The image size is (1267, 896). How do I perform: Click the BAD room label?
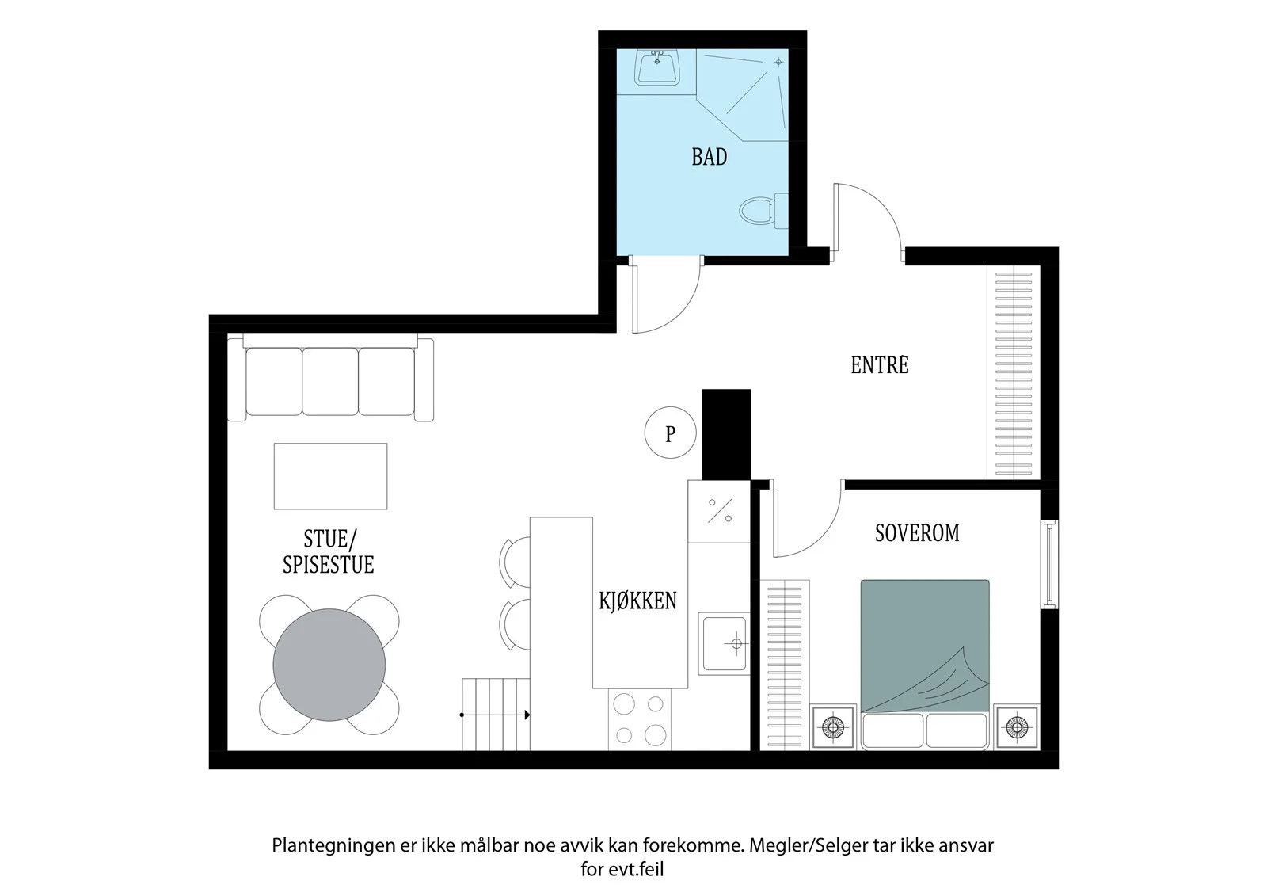coord(710,157)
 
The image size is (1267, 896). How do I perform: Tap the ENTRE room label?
coord(880,365)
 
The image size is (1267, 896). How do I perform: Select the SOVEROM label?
coord(917,533)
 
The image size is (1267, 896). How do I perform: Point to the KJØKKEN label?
coord(638,601)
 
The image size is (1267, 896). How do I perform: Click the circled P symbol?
coord(670,433)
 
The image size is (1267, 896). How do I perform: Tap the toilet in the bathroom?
coord(763,211)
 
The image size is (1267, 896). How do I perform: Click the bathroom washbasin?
coord(656,67)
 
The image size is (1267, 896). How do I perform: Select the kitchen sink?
coord(724,643)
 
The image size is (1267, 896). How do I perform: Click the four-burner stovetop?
coord(640,719)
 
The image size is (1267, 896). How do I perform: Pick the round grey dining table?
coord(329,665)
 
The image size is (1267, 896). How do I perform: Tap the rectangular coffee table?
coord(331,476)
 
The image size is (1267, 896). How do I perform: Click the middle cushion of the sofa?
coord(330,382)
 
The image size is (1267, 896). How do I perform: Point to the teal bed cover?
coord(925,645)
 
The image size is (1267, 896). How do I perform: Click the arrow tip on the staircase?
coord(530,715)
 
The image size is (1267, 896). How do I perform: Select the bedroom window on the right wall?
coord(1049,564)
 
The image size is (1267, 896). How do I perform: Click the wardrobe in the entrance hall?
coord(1014,372)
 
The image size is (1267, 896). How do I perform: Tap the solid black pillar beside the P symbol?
coord(726,434)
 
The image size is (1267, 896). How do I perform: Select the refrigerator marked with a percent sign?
coord(720,511)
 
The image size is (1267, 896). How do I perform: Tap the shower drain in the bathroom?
coord(778,63)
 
